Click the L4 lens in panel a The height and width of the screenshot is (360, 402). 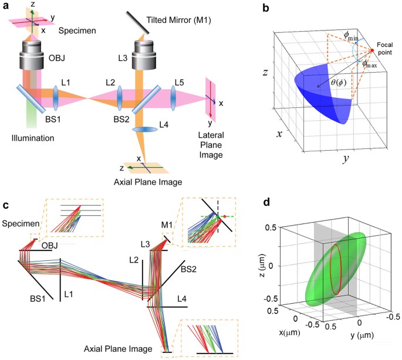click(x=141, y=129)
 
